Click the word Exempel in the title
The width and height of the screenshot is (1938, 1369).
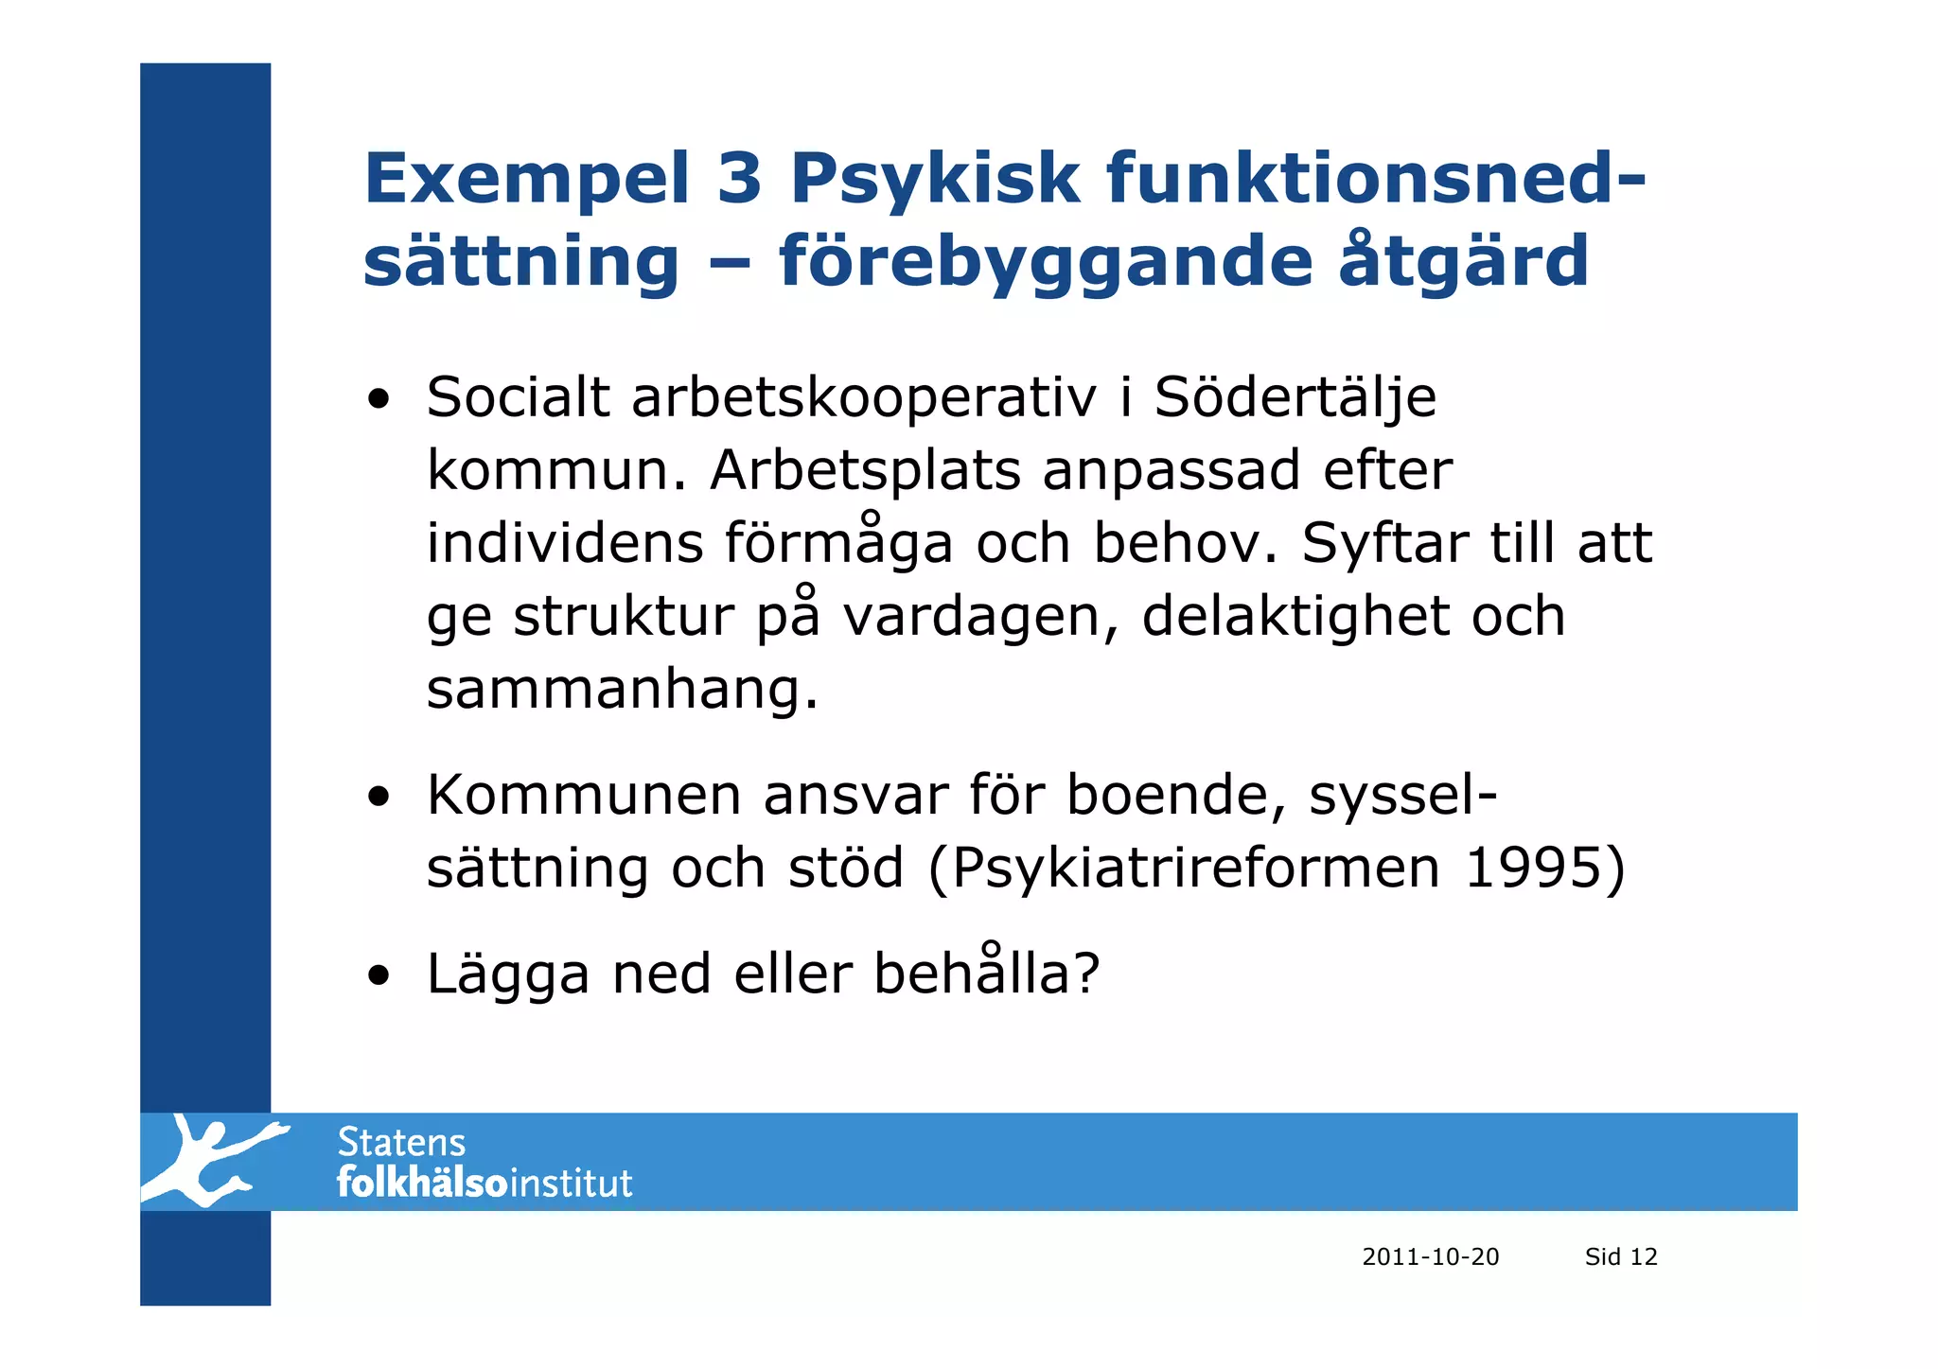click(526, 180)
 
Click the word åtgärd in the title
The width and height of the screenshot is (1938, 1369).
click(1463, 262)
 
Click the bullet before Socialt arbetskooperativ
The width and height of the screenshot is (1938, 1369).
click(379, 399)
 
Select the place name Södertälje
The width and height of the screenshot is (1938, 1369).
click(1295, 397)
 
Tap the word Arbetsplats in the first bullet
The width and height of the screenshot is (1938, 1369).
click(865, 470)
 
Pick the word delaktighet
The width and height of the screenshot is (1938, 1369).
click(1295, 616)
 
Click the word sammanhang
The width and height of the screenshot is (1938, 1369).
click(621, 690)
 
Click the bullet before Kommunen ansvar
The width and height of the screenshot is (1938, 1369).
click(379, 797)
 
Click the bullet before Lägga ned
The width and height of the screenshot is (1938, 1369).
click(379, 975)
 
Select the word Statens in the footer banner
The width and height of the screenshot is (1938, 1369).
click(401, 1143)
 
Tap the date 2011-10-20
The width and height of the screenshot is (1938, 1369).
click(1430, 1257)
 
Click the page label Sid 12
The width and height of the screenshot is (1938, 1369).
click(1621, 1257)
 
